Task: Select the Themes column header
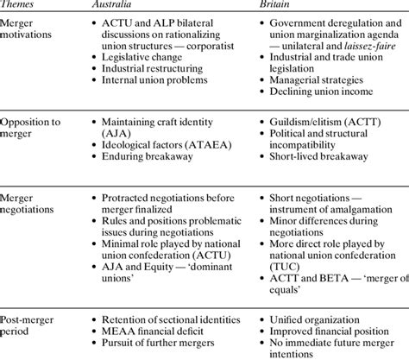click(22, 6)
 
